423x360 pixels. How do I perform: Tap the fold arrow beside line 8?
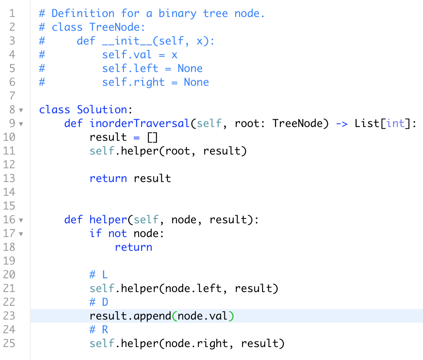click(21, 110)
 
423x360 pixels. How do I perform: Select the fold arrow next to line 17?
click(21, 233)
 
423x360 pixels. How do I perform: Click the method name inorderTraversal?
click(140, 123)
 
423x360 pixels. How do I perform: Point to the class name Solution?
click(102, 110)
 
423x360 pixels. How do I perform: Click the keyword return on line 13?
click(108, 178)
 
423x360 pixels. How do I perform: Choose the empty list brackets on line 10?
click(152, 137)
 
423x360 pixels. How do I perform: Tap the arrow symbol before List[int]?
click(342, 123)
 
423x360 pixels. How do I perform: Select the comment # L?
click(99, 275)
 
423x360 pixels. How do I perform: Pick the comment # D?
click(99, 302)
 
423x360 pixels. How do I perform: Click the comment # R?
click(99, 330)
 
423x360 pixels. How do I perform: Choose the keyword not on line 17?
click(117, 233)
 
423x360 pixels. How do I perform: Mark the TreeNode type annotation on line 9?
click(297, 123)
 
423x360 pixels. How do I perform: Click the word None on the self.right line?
click(197, 82)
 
